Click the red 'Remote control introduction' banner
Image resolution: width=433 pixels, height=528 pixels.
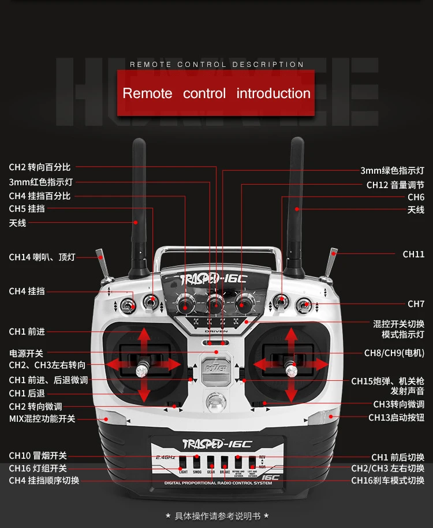pos(216,93)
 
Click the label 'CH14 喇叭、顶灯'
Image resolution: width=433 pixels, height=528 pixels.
pos(42,257)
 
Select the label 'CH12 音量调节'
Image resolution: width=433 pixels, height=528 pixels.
pos(395,185)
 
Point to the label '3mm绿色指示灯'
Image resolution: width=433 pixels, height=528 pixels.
pos(392,171)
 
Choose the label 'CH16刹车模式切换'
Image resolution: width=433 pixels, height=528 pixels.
pos(387,480)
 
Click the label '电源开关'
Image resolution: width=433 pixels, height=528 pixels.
pos(26,353)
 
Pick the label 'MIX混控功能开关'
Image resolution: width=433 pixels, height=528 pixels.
pos(42,418)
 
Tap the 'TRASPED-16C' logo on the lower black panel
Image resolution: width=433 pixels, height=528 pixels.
pos(216,444)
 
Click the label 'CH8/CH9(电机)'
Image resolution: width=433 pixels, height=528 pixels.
pos(394,353)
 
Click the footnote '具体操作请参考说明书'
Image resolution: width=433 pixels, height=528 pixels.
pos(216,515)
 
